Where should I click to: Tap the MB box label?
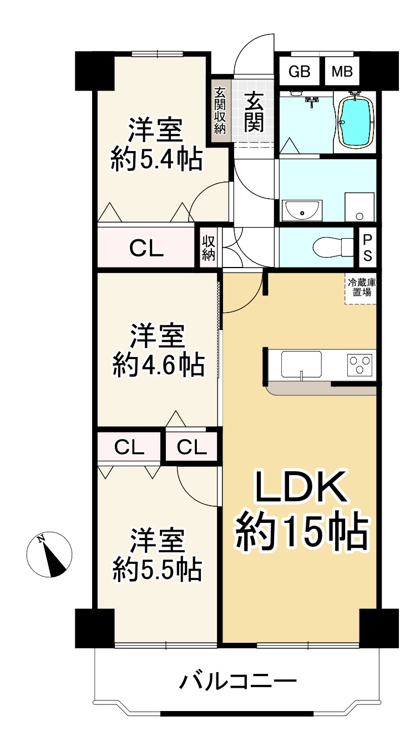coord(342,72)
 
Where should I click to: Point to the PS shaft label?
coord(367,248)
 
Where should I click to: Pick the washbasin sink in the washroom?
coord(301,210)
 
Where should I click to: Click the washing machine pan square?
coord(359,207)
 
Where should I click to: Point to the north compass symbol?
coord(49,554)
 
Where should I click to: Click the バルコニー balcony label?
coord(237,681)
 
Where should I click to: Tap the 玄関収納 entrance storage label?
coord(220,110)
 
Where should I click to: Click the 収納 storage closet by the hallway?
coord(209,248)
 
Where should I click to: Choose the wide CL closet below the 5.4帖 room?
coord(146,248)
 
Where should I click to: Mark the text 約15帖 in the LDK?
coord(303,532)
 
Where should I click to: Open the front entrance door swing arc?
coord(254,56)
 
